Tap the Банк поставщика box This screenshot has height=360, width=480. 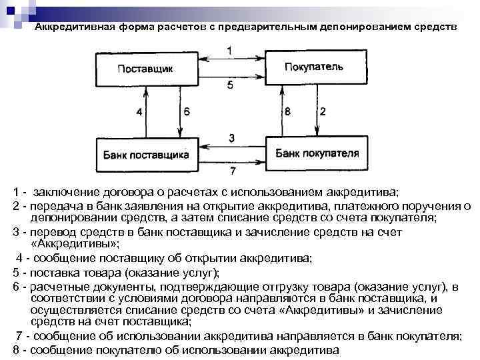(146, 154)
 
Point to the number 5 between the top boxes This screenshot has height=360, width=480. (229, 85)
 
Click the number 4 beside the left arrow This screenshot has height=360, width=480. (139, 112)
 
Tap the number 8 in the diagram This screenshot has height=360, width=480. (287, 112)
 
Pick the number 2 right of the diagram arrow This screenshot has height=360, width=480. (323, 112)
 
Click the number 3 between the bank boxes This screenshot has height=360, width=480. (231, 137)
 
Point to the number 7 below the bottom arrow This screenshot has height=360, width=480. (231, 171)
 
